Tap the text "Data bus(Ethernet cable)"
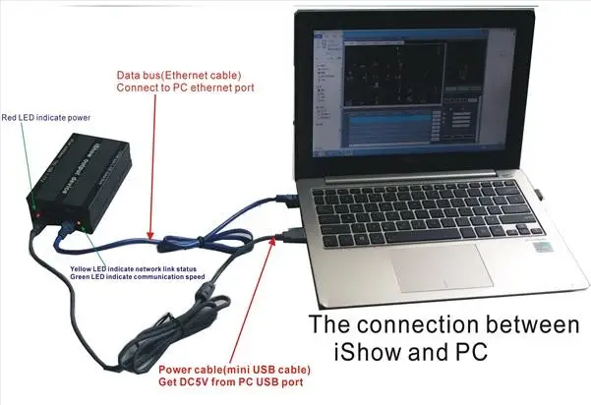click(x=181, y=74)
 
